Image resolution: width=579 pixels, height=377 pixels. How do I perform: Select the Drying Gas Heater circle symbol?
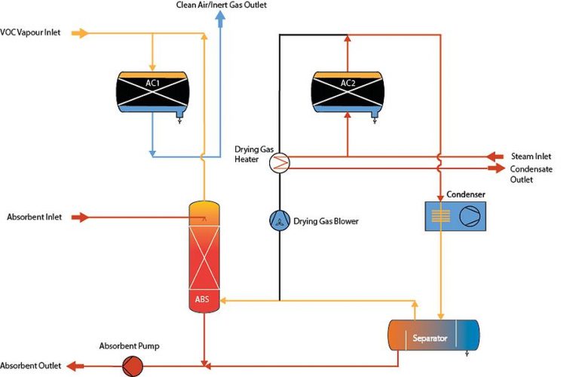click(279, 162)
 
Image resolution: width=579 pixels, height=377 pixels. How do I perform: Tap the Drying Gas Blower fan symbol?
click(279, 221)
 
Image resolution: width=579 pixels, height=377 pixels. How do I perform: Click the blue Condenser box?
click(455, 216)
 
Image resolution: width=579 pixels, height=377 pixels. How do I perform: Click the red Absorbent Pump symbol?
click(133, 366)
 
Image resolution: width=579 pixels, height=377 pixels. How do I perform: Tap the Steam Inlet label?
click(532, 156)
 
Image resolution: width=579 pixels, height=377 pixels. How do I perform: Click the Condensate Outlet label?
click(531, 174)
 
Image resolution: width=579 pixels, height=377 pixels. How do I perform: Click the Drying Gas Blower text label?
click(326, 221)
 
